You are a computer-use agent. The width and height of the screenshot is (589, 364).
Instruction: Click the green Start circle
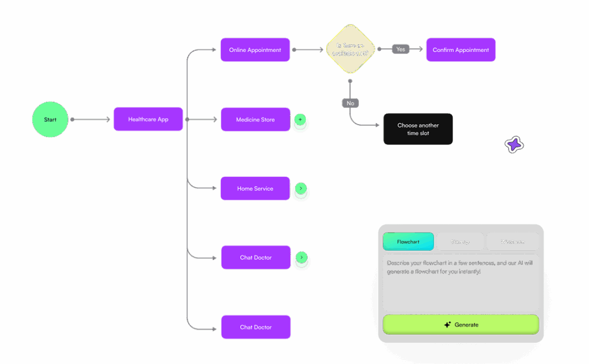tap(50, 120)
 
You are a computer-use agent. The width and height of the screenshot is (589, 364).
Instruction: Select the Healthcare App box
tap(148, 119)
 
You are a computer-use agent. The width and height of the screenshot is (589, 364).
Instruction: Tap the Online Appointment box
tap(255, 50)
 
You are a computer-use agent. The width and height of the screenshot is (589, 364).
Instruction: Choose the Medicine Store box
tap(255, 120)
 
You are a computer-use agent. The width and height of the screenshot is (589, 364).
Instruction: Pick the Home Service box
tap(255, 188)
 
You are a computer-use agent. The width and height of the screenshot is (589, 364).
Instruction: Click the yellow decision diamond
tap(350, 49)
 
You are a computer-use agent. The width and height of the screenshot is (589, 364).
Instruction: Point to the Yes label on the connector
tap(400, 49)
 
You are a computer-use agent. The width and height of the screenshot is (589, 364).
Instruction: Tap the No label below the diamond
tap(350, 103)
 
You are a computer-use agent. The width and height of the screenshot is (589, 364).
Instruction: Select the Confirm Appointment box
tap(461, 50)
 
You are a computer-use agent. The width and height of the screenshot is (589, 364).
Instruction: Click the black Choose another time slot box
tap(418, 129)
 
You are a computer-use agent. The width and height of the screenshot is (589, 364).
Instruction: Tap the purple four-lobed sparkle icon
tap(514, 145)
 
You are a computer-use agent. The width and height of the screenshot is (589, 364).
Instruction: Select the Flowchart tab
tap(408, 242)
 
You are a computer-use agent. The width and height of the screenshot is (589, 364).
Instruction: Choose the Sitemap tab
tap(460, 242)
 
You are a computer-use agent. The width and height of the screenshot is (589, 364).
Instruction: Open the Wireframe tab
tap(512, 242)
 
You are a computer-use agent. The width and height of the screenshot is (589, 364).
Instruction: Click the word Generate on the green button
tap(466, 324)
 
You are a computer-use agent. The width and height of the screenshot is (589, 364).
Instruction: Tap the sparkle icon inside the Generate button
tap(447, 324)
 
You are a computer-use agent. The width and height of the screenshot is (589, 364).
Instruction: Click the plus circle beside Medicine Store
tap(300, 120)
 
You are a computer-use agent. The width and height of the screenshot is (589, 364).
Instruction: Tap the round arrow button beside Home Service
tap(300, 188)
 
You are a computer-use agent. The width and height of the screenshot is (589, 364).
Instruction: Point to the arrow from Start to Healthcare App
tap(91, 119)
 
